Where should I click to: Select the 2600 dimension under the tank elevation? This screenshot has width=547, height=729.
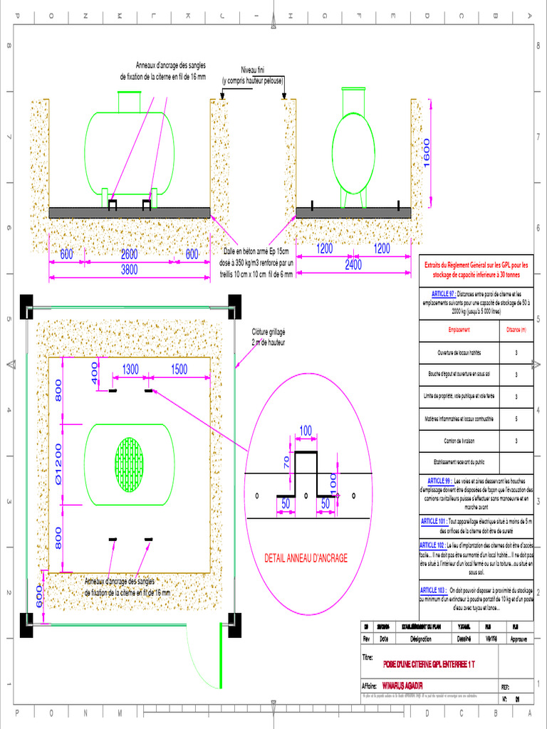pyautogui.click(x=129, y=255)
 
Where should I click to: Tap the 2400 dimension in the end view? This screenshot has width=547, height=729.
pyautogui.click(x=353, y=265)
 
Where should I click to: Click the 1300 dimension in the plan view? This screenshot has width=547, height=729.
pyautogui.click(x=130, y=369)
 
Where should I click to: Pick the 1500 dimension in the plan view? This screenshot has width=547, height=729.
pyautogui.click(x=179, y=369)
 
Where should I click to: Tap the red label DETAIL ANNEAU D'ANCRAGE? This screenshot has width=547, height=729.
pyautogui.click(x=306, y=558)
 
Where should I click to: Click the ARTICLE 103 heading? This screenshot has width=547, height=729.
pyautogui.click(x=433, y=590)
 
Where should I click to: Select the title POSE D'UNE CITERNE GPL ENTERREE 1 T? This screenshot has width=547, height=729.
pyautogui.click(x=429, y=664)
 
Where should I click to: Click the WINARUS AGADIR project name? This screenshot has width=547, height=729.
pyautogui.click(x=402, y=686)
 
